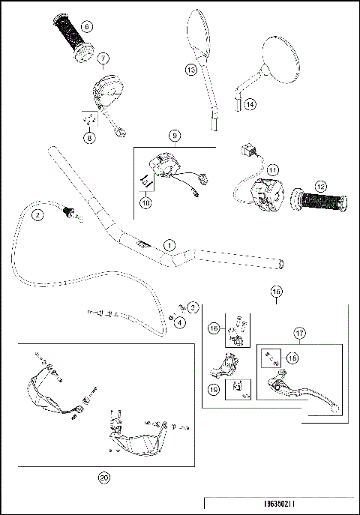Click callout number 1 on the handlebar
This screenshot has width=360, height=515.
point(169,245)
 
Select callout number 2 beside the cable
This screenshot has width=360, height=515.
point(36,215)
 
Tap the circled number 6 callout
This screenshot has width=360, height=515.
point(87,27)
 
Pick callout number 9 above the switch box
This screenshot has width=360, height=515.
point(175,136)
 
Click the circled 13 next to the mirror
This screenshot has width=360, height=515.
point(190,70)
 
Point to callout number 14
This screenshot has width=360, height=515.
point(250,105)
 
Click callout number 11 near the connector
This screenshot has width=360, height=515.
point(251,169)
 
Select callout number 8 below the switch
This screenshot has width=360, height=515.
point(89,138)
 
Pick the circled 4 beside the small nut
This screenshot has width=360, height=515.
point(181,322)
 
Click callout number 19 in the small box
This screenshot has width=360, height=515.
point(215,389)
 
